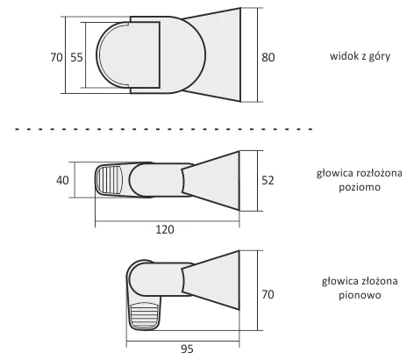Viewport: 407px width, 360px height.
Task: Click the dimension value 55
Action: [76, 57]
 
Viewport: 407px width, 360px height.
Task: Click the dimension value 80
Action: [268, 57]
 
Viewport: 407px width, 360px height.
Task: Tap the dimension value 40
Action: [62, 180]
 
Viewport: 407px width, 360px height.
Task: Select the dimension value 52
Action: [268, 180]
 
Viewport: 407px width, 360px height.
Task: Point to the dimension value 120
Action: [165, 229]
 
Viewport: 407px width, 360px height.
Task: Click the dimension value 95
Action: [187, 349]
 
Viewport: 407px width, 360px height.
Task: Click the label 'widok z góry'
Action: [360, 56]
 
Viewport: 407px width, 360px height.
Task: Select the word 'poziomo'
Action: [360, 187]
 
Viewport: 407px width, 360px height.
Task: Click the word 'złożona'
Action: [379, 281]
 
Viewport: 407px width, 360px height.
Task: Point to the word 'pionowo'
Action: [360, 295]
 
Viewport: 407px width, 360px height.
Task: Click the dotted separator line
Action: [164, 129]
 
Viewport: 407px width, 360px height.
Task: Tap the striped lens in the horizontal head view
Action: [110, 180]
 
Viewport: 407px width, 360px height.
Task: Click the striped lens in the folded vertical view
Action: [145, 317]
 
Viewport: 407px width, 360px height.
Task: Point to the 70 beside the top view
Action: [56, 57]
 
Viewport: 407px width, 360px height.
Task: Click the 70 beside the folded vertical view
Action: [268, 294]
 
